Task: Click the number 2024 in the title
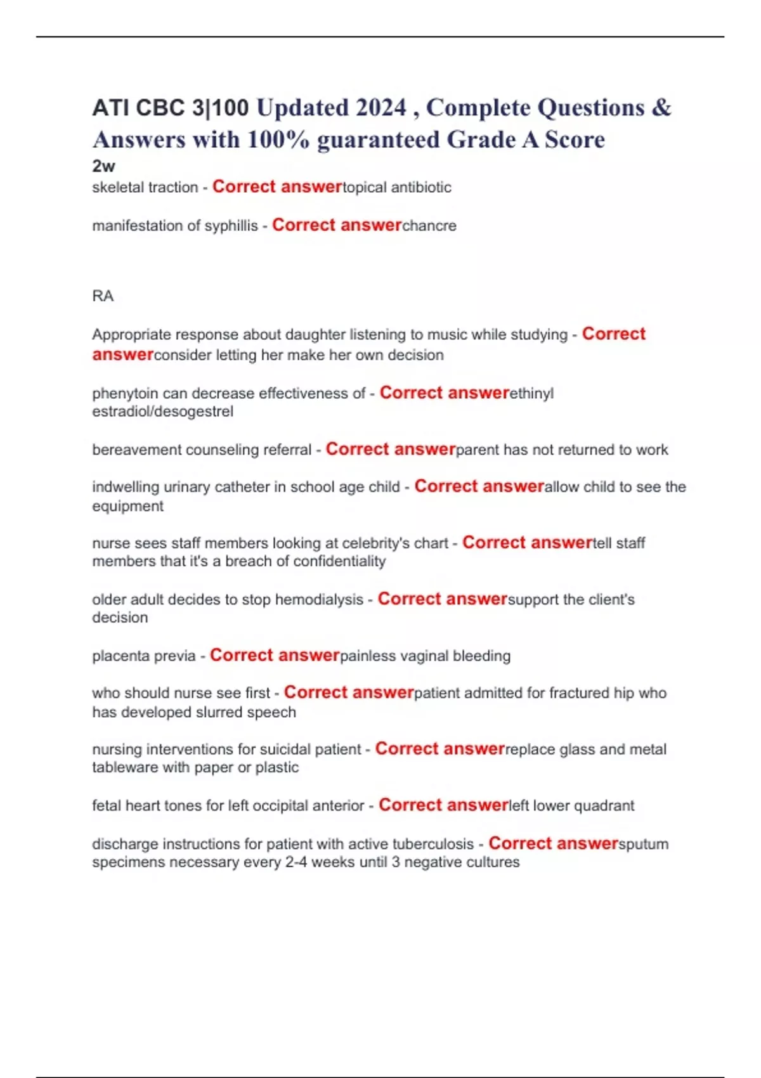[380, 108]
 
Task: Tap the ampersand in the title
[661, 108]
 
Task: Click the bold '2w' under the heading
[103, 166]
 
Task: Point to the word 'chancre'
[429, 226]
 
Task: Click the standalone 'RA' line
[103, 296]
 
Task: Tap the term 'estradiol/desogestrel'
[162, 412]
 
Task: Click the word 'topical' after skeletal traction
[365, 188]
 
